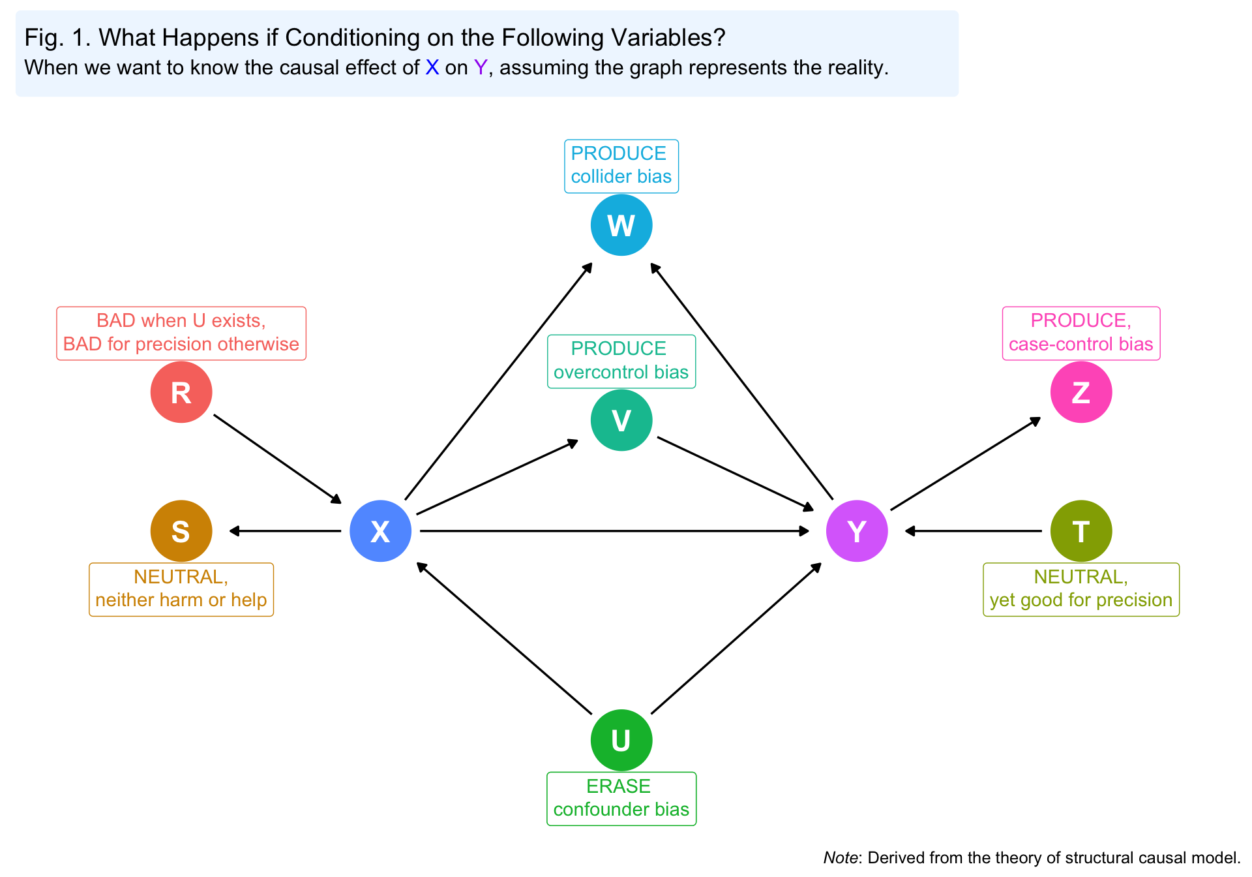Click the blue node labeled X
(x=380, y=531)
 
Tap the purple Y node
(x=856, y=531)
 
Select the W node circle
(x=621, y=225)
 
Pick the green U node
(x=621, y=740)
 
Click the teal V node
(x=621, y=420)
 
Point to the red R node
(x=181, y=392)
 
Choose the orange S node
(x=181, y=531)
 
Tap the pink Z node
(x=1081, y=392)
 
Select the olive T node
(x=1081, y=531)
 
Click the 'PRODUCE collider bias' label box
(x=621, y=166)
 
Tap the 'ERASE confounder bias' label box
(x=621, y=799)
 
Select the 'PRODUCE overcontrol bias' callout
(x=621, y=361)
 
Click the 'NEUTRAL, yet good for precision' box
(x=1081, y=589)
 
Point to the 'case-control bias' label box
(x=1081, y=333)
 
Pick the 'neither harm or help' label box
(x=181, y=589)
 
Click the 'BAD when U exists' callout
(x=181, y=333)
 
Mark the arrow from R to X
(x=277, y=459)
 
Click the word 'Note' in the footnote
(x=839, y=857)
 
